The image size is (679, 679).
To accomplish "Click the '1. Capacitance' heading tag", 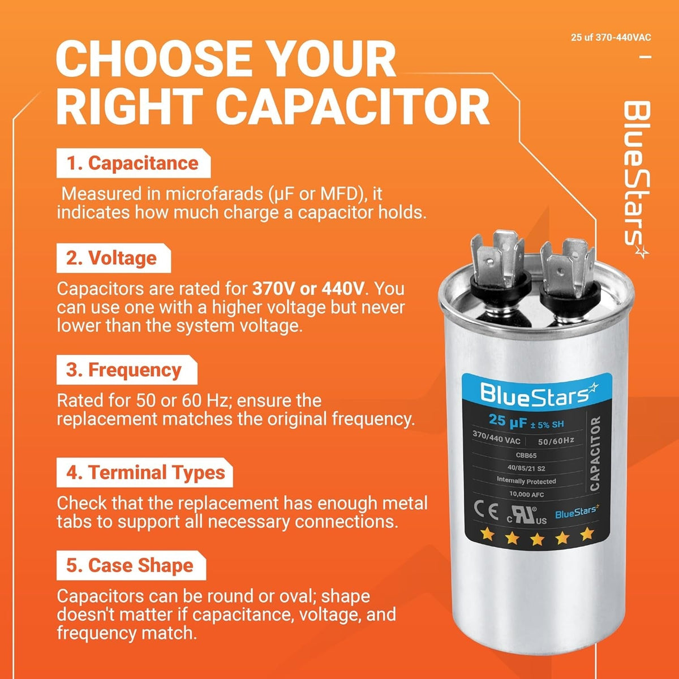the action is pos(134,163).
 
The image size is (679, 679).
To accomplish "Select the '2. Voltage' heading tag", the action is pos(114,258).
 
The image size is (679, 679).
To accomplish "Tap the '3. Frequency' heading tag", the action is pos(127,369).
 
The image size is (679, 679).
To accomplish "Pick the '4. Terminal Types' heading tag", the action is pos(145,472).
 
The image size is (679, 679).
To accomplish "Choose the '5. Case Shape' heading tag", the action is pos(131,565).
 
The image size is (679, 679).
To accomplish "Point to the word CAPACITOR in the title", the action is pos(353,106).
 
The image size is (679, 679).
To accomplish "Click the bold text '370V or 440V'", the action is pos(308,289).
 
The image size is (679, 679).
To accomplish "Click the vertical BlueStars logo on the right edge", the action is pos(637,180).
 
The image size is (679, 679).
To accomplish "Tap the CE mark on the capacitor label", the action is pos(486,510).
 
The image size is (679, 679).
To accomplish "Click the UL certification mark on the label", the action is pos(527,515).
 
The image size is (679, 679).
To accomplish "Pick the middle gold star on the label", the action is pos(536,539).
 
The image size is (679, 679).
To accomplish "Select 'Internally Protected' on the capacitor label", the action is pos(526,480).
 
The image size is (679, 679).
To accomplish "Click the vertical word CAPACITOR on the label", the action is pos(595,453).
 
